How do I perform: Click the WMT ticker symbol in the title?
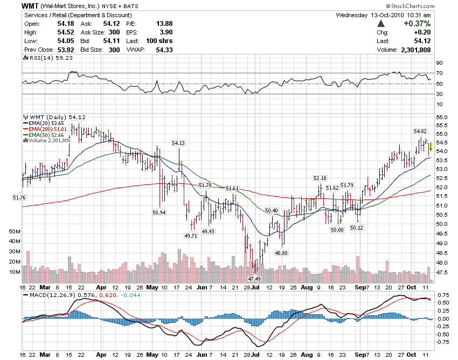pos(29,5)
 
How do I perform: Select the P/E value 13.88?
pos(164,24)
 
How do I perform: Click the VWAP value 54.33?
pos(164,50)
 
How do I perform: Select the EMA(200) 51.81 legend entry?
pos(48,129)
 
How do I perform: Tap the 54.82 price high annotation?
pos(420,131)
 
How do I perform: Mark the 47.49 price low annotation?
pos(254,279)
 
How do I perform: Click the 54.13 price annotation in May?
pos(178,143)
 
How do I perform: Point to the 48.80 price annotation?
pos(281,252)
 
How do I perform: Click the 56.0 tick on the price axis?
pos(441,117)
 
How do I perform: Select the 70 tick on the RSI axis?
pos(439,73)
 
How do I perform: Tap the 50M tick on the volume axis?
pos(15,231)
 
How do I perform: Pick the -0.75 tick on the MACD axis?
pos(443,342)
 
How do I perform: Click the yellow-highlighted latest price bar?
pos(430,147)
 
